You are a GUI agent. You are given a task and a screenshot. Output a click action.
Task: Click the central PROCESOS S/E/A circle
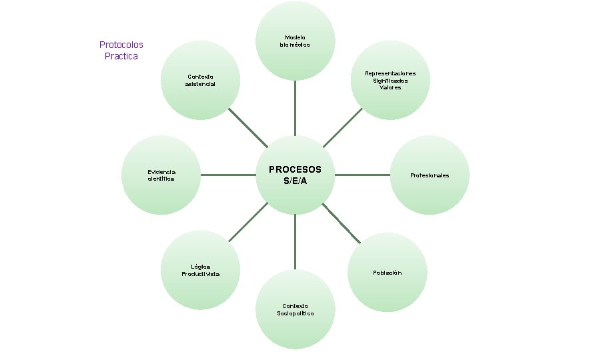pyautogui.click(x=295, y=175)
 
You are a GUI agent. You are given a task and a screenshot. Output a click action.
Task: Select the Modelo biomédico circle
pyautogui.click(x=295, y=41)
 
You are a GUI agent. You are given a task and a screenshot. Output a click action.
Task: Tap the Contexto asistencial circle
pyautogui.click(x=201, y=81)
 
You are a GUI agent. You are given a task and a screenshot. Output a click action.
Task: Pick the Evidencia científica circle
pyautogui.click(x=161, y=175)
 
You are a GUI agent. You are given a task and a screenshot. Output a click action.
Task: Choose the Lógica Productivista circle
pyautogui.click(x=201, y=270)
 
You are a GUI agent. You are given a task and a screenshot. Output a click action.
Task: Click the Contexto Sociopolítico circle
pyautogui.click(x=295, y=310)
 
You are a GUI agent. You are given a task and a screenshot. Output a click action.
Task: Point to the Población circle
pyautogui.click(x=388, y=273)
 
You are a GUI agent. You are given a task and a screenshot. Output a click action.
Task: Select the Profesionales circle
pyautogui.click(x=430, y=175)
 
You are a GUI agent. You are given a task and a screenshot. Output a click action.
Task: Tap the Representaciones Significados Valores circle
pyautogui.click(x=390, y=81)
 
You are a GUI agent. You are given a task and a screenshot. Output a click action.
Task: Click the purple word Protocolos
pyautogui.click(x=121, y=45)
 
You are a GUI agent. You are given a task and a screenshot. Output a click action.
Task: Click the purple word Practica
pyautogui.click(x=121, y=56)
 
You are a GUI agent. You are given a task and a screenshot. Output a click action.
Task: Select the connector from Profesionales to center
pyautogui.click(x=362, y=175)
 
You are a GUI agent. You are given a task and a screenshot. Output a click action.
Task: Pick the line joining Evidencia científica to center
pyautogui.click(x=228, y=175)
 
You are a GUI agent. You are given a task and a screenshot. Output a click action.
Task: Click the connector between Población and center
pyautogui.click(x=342, y=223)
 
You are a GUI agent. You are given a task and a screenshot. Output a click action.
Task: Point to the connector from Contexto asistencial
pyautogui.click(x=247, y=127)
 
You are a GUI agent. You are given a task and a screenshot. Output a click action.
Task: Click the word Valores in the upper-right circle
pyautogui.click(x=390, y=88)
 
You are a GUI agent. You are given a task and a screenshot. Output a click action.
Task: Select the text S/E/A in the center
pyautogui.click(x=295, y=181)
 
